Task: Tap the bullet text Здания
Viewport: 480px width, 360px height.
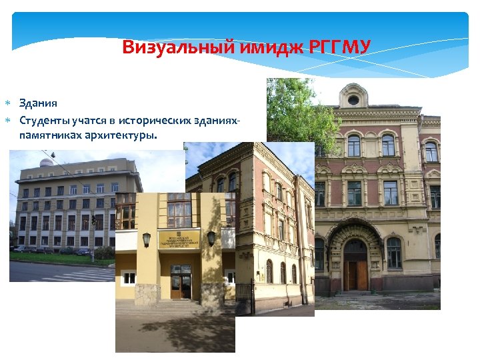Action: pos(38,103)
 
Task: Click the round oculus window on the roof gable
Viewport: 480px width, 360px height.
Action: pos(353,100)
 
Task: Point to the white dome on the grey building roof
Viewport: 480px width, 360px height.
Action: pos(47,162)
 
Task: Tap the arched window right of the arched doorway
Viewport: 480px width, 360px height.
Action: pos(394,253)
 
